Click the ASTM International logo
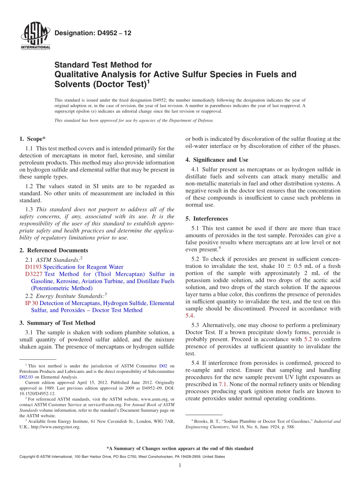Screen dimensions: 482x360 click(x=35, y=36)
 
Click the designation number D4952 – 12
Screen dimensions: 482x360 click(x=93, y=33)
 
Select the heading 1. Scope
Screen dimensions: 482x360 click(x=32, y=139)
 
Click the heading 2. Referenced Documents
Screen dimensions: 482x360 click(x=53, y=250)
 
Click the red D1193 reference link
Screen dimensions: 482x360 click(x=33, y=267)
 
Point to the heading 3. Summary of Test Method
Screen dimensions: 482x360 click(x=57, y=323)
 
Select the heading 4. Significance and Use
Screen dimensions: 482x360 click(x=217, y=160)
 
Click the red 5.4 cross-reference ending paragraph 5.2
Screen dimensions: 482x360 click(x=189, y=316)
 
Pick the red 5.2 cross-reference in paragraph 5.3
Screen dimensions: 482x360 click(x=308, y=340)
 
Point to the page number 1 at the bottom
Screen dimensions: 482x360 click(x=180, y=466)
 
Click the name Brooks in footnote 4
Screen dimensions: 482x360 click(x=201, y=421)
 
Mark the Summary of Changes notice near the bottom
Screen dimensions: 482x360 click(x=180, y=448)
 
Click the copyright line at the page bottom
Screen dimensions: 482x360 click(x=122, y=457)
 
